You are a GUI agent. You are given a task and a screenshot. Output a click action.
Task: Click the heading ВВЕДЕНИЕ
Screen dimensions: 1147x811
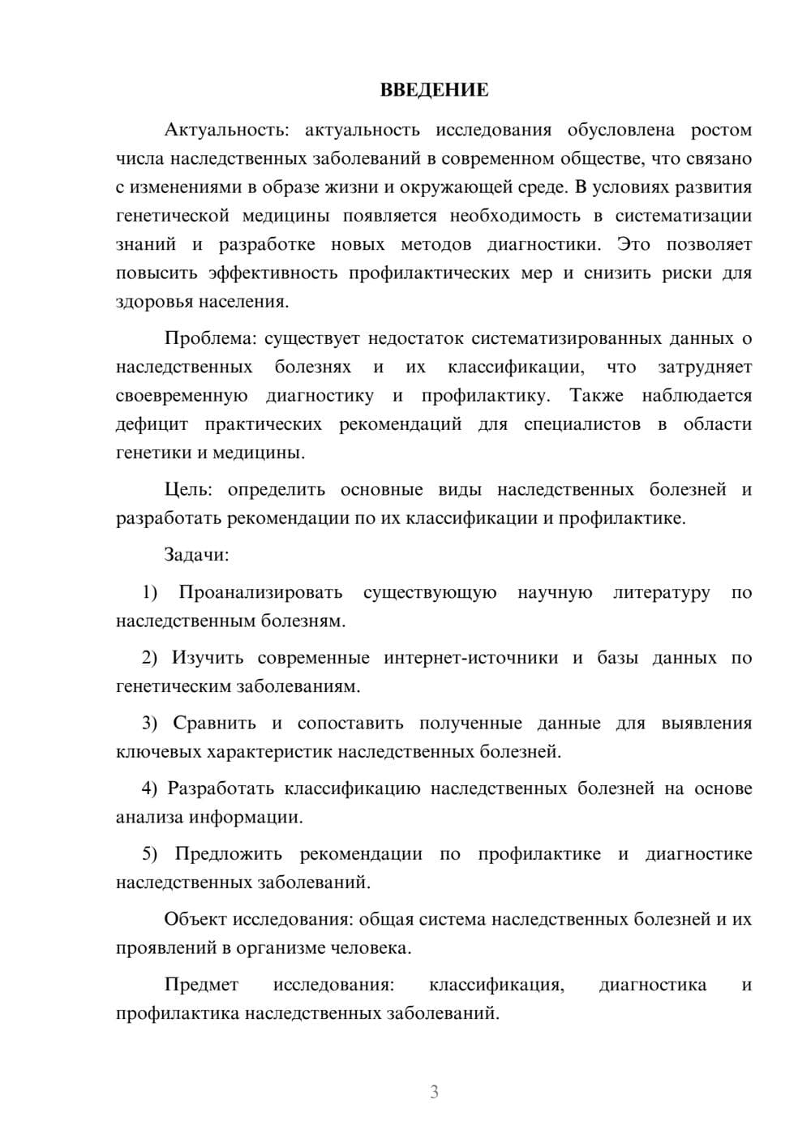point(434,90)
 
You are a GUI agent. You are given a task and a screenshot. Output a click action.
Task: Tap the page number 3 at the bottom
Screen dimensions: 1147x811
point(434,1092)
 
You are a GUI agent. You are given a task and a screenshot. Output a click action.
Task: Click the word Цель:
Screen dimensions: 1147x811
point(188,489)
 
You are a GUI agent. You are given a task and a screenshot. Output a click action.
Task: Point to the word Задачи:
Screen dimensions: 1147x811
point(196,555)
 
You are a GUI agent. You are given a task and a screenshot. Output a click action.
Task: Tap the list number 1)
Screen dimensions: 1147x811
point(150,592)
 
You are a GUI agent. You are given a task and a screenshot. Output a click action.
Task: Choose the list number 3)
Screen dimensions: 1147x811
point(153,723)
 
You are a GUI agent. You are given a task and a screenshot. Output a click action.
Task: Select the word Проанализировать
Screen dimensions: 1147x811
point(260,592)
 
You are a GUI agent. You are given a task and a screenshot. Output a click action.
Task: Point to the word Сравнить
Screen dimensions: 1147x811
point(214,723)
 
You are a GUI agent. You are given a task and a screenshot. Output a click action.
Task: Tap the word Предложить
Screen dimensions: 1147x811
point(229,853)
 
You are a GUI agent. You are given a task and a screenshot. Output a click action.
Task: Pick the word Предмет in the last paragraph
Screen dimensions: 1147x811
point(201,985)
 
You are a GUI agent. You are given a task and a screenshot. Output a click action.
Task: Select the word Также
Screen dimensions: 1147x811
point(596,396)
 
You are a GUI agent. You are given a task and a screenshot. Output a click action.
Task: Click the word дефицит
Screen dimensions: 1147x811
point(152,424)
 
